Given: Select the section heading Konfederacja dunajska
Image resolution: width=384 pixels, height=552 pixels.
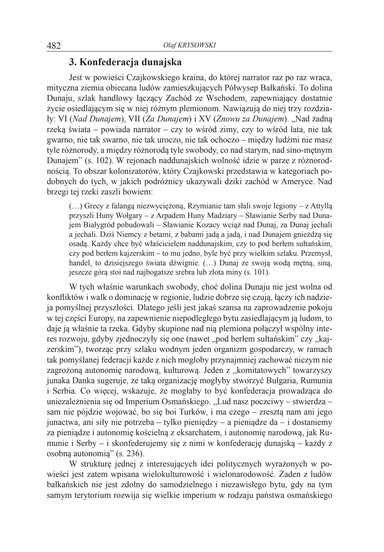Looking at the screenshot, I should pos(125,62).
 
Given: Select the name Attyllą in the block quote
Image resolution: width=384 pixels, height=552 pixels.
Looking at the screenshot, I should pos(321,206).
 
